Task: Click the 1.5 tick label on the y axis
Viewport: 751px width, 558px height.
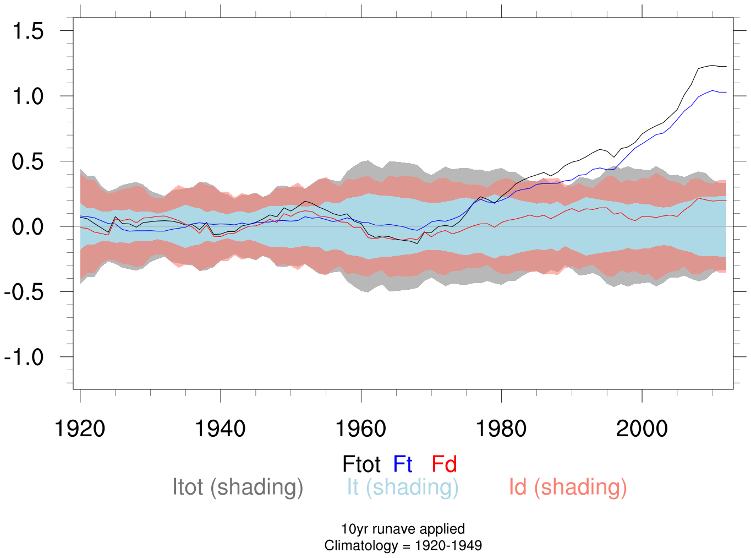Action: (28, 31)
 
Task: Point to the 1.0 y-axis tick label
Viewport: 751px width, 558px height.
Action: (28, 96)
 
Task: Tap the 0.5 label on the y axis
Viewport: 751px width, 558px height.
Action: (28, 162)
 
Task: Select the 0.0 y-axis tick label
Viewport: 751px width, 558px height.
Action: (28, 227)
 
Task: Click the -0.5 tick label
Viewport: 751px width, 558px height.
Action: (24, 292)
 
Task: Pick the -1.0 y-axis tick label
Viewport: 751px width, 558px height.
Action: (24, 357)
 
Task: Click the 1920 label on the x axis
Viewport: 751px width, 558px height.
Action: (80, 429)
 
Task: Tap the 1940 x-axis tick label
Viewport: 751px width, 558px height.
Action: (220, 429)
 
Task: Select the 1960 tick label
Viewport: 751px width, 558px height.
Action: (361, 429)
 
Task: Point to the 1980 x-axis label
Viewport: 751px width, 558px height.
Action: (501, 429)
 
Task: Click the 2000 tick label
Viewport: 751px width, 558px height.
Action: (642, 429)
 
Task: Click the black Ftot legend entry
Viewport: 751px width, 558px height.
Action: (361, 464)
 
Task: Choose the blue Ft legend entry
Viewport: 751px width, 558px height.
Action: (403, 464)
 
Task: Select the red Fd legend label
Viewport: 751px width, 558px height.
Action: (444, 464)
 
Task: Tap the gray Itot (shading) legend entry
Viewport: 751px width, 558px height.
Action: (238, 487)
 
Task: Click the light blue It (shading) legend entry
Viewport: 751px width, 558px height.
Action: (402, 487)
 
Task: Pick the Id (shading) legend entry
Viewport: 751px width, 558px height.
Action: (568, 487)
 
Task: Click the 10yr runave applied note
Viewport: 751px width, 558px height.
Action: (403, 529)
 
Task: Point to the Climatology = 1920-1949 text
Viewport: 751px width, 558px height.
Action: (403, 546)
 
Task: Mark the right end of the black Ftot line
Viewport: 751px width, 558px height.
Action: (726, 66)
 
